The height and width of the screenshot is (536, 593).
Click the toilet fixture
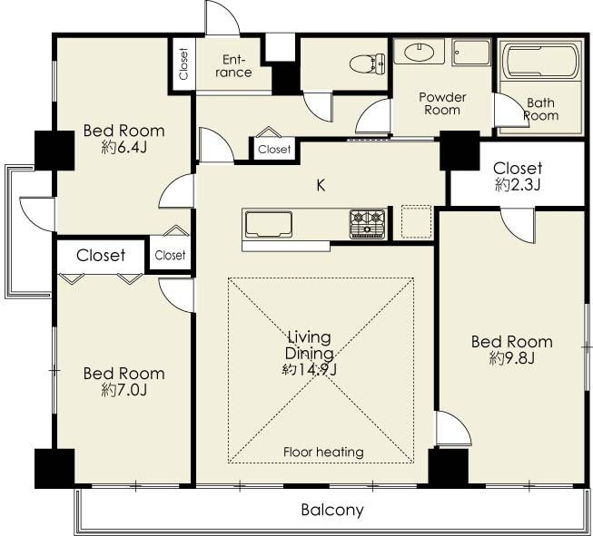click(x=367, y=63)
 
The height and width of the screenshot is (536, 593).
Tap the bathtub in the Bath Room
click(x=540, y=62)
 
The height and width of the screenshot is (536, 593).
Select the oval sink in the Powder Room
click(x=419, y=52)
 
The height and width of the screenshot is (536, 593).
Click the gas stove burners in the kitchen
click(x=367, y=224)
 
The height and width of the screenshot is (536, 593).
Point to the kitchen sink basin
click(x=269, y=224)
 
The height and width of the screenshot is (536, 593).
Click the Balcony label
click(x=332, y=510)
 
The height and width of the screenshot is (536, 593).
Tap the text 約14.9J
click(x=310, y=369)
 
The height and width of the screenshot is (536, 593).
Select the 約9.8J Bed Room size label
click(x=511, y=357)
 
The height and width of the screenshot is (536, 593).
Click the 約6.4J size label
click(x=124, y=147)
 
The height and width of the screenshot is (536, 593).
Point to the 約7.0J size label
click(x=124, y=390)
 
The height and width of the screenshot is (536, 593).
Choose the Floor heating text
click(x=323, y=452)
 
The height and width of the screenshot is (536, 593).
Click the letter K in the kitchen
click(x=321, y=185)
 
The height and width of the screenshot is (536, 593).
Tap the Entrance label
click(x=233, y=65)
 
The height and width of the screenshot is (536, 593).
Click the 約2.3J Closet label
click(x=518, y=177)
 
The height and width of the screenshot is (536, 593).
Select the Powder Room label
click(x=442, y=103)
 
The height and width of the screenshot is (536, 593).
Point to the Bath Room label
click(x=541, y=109)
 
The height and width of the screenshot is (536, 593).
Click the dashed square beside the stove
click(x=416, y=221)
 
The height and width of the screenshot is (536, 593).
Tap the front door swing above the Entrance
click(x=222, y=18)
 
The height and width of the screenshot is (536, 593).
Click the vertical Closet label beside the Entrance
click(x=183, y=63)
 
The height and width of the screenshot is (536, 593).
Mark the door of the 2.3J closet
click(x=519, y=225)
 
